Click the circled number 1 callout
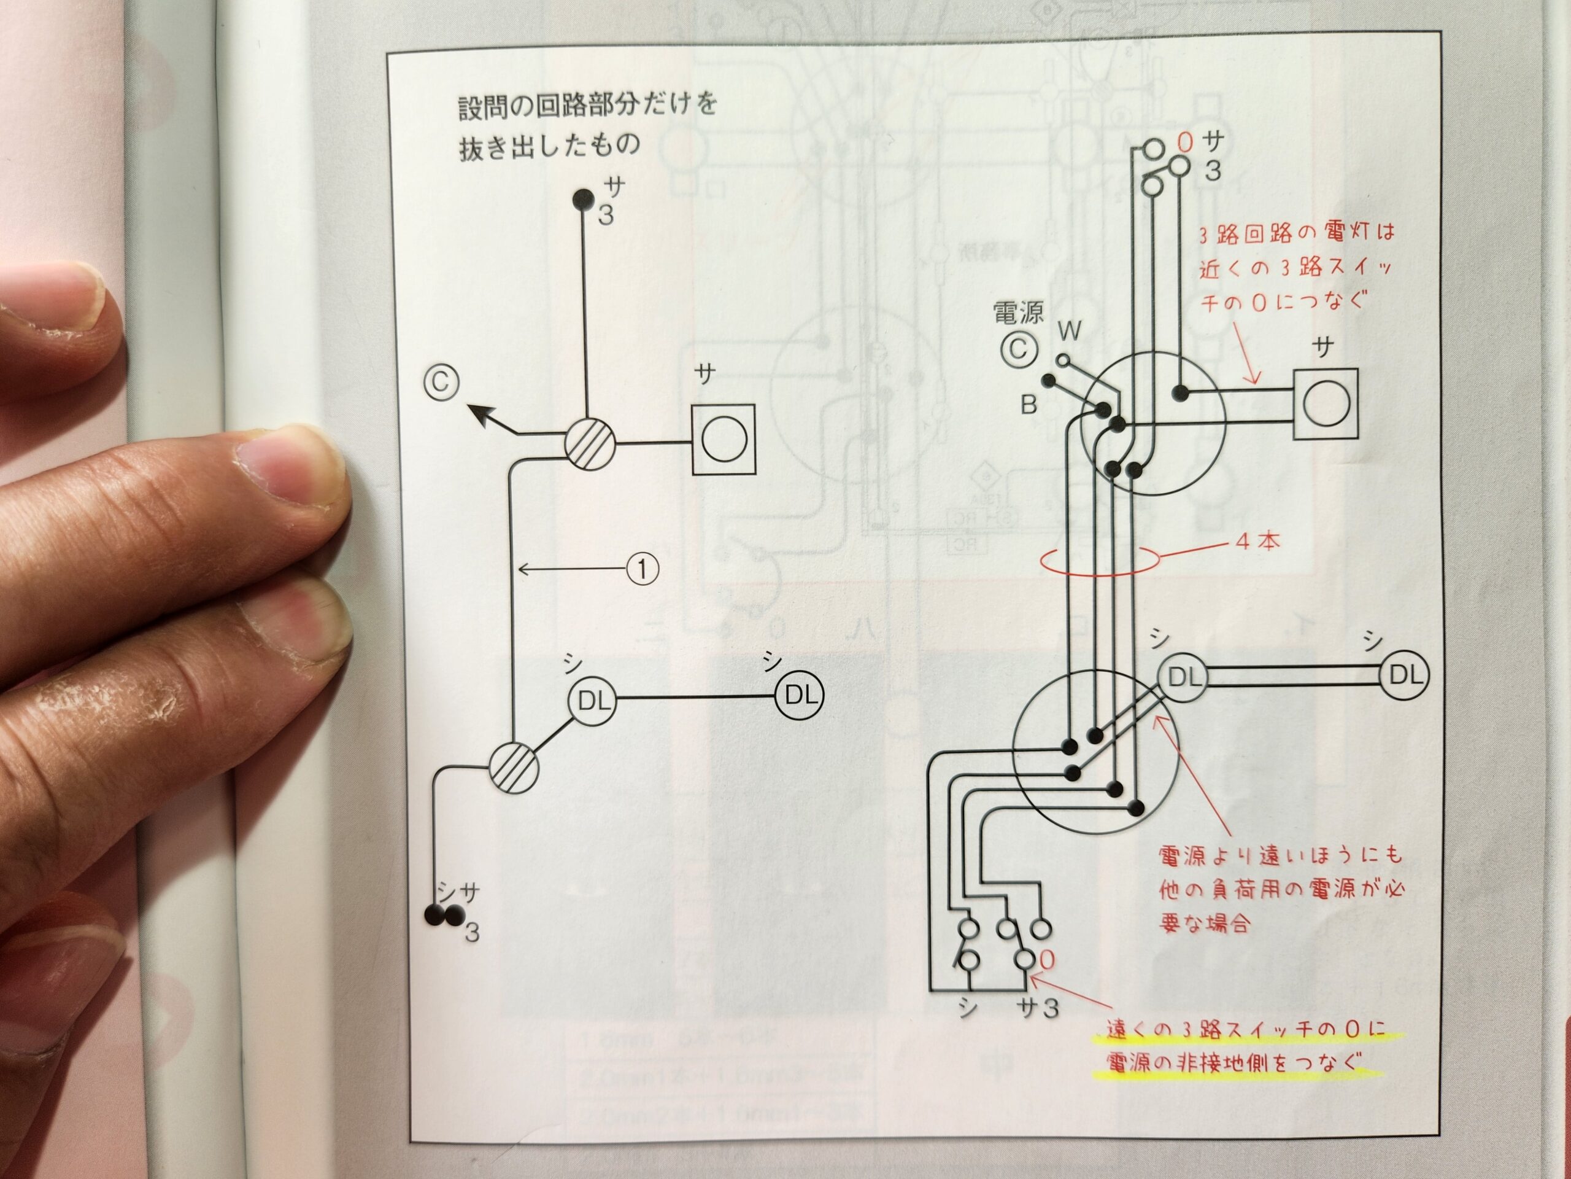641,569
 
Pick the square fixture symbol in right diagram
1326,403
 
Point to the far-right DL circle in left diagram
799,695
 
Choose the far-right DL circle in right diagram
1403,675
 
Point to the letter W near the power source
1070,330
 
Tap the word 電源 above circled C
1019,313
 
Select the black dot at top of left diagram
583,199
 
